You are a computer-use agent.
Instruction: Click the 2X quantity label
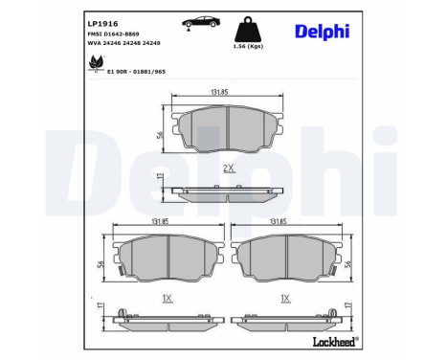228,168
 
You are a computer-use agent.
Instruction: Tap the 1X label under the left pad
168,298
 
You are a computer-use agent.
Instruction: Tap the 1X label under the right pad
285,298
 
